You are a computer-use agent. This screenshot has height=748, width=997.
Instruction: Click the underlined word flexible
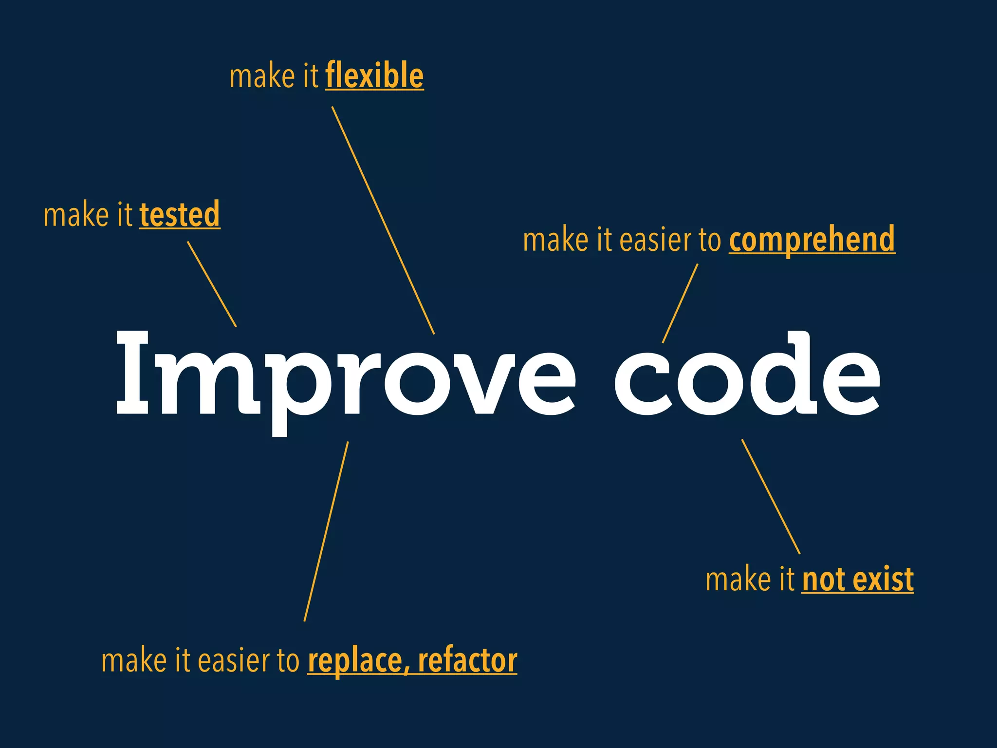tap(374, 76)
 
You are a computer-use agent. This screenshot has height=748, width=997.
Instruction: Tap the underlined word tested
tap(180, 214)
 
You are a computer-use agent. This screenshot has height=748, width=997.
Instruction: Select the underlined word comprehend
tap(812, 239)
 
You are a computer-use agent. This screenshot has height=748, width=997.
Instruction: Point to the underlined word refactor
tap(467, 661)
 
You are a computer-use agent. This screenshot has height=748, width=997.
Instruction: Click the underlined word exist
tap(883, 580)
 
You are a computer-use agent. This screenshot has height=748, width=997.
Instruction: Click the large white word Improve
tap(346, 375)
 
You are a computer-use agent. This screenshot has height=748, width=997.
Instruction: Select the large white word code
tap(747, 375)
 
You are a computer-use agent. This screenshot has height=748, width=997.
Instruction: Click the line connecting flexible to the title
tap(383, 220)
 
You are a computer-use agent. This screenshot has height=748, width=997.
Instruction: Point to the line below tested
tap(212, 284)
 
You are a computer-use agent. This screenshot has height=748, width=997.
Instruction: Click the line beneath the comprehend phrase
tap(680, 303)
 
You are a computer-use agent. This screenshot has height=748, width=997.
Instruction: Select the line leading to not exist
tap(771, 496)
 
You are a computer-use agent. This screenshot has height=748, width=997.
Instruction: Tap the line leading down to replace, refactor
tap(326, 531)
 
